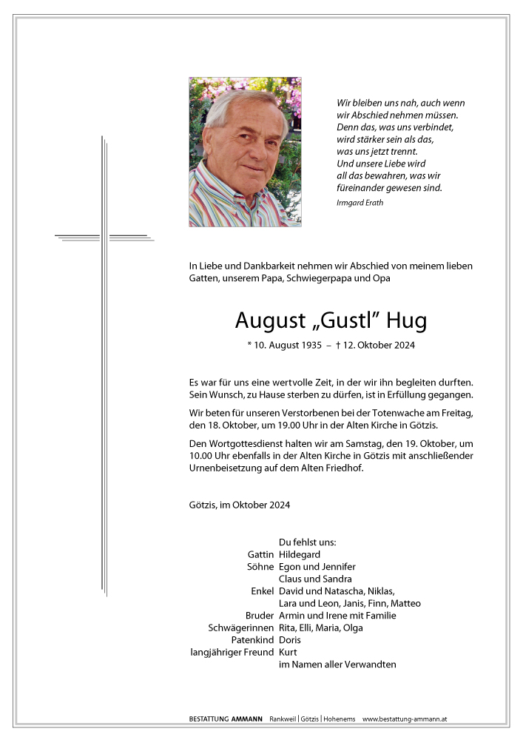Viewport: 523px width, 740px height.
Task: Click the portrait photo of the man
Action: click(x=245, y=152)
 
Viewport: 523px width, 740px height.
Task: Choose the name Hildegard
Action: click(x=300, y=554)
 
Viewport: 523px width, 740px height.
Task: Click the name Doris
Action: click(x=290, y=640)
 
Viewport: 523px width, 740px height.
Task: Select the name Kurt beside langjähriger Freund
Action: click(x=289, y=652)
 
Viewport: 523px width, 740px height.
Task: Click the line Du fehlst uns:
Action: click(x=307, y=542)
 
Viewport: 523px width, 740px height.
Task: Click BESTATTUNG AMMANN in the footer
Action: click(x=225, y=719)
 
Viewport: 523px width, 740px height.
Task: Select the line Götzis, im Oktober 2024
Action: click(x=239, y=505)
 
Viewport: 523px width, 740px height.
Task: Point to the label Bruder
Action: click(x=260, y=616)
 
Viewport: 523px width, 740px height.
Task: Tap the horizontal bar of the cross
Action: click(x=104, y=237)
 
